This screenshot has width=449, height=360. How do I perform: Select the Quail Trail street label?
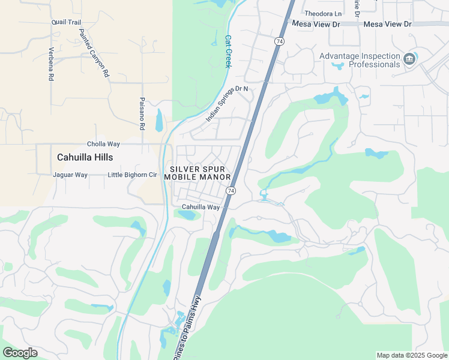coord(66,22)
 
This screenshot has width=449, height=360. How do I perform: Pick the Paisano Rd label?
coord(142,114)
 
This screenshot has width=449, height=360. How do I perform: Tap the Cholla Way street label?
coord(103,144)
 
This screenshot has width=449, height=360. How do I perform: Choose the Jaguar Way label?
coord(70,175)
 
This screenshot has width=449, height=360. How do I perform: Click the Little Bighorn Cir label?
coord(131,175)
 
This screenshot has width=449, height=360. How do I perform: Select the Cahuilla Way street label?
coord(201,207)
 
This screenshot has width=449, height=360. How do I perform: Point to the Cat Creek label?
coord(228,51)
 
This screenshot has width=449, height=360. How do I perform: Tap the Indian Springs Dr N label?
coord(227,103)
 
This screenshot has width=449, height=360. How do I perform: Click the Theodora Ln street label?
coord(323,13)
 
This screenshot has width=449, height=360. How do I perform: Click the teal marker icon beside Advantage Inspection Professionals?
coord(410,59)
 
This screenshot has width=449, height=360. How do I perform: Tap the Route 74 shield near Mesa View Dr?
coord(279,41)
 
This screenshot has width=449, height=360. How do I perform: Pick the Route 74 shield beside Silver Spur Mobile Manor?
coord(231,190)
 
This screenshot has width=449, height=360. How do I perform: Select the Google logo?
coord(20,353)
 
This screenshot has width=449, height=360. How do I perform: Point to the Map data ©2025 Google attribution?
coord(412,355)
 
